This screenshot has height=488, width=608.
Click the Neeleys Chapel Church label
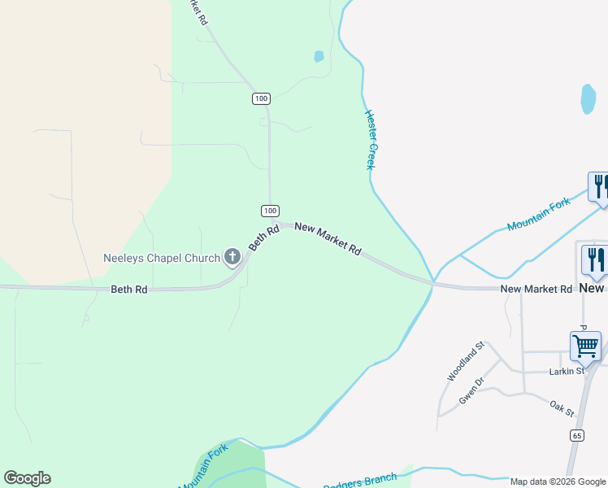[162, 259]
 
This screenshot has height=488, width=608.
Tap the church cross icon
[232, 259]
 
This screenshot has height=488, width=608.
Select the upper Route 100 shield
[260, 98]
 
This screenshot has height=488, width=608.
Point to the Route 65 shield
[577, 436]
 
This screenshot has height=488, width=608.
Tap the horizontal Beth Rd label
[129, 290]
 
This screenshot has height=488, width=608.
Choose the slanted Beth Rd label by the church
[263, 237]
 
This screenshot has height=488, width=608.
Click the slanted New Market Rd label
[328, 239]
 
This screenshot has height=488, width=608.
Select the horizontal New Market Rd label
[536, 290]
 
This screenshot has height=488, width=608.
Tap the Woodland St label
[465, 362]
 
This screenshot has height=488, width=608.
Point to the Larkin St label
[569, 372]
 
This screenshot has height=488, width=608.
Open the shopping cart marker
[585, 346]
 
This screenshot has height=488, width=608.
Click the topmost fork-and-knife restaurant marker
[600, 186]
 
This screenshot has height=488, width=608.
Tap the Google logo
[27, 478]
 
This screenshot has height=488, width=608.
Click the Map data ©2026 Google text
[558, 481]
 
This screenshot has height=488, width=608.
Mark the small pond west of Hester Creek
[319, 57]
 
